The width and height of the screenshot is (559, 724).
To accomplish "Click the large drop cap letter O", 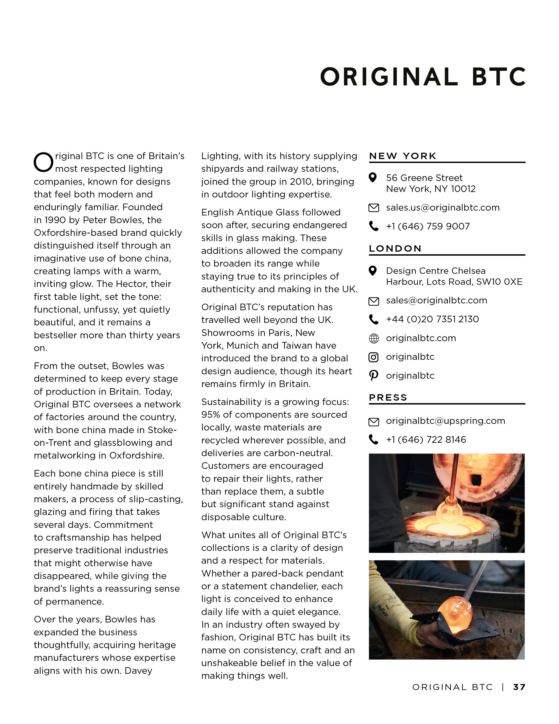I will [x=43, y=162].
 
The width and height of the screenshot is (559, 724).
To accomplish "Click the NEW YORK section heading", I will [x=403, y=156].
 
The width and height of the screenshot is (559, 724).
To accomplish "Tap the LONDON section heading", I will [x=395, y=249].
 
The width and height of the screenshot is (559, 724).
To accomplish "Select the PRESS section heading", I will [x=388, y=398].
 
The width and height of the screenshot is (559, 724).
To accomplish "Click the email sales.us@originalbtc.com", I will [x=442, y=208].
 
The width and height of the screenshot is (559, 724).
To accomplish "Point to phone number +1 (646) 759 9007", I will [x=427, y=226].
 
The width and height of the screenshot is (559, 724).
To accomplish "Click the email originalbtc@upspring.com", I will [x=445, y=421].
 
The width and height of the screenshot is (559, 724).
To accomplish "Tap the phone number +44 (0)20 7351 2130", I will [x=432, y=319].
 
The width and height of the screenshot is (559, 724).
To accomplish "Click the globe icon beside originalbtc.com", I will [x=374, y=339].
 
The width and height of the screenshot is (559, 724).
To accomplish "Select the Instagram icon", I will [x=374, y=357].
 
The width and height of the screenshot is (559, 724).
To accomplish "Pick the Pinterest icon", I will [x=374, y=376].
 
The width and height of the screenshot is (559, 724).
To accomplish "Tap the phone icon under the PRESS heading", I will [x=374, y=440].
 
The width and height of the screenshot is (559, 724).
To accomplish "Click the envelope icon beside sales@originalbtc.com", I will [x=374, y=301].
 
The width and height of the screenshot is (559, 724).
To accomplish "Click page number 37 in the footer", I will [x=519, y=687].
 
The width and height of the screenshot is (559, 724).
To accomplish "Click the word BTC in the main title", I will [x=499, y=77].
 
